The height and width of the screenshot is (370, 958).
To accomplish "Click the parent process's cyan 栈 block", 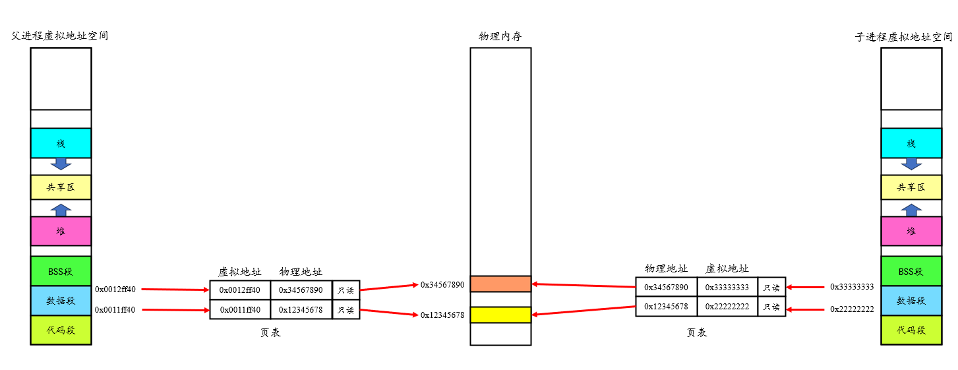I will [61, 143].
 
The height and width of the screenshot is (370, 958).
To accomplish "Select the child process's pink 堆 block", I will [911, 231].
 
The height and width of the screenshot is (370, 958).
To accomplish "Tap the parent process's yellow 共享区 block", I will [61, 187].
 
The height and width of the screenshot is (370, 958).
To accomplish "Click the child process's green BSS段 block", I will [911, 271].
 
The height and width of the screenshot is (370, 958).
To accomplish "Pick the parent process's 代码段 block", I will [61, 330].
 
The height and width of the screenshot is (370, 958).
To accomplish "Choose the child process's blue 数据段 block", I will [911, 301].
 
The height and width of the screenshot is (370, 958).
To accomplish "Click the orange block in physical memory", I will [500, 284].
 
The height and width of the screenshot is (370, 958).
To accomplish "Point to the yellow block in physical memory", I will [500, 315].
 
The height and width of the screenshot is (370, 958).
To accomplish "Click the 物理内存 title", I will [500, 37].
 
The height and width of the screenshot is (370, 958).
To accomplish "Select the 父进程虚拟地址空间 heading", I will [60, 36].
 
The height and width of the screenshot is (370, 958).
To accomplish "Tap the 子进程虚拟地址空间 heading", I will [903, 37].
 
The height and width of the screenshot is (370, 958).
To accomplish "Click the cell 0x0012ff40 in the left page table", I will [240, 290].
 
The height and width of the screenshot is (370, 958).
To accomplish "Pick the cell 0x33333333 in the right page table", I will [727, 288].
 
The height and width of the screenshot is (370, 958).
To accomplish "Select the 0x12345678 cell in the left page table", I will [301, 309].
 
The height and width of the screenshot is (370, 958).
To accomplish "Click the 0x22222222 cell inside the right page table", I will [727, 307].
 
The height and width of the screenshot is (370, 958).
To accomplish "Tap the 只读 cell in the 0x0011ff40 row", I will [345, 309].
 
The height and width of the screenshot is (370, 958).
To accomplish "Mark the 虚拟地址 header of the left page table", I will [239, 272].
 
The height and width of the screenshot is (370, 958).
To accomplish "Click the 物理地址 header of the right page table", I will [666, 268].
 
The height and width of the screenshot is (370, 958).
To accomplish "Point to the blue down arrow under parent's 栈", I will [61, 164].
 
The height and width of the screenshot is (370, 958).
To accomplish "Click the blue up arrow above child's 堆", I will [911, 210].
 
